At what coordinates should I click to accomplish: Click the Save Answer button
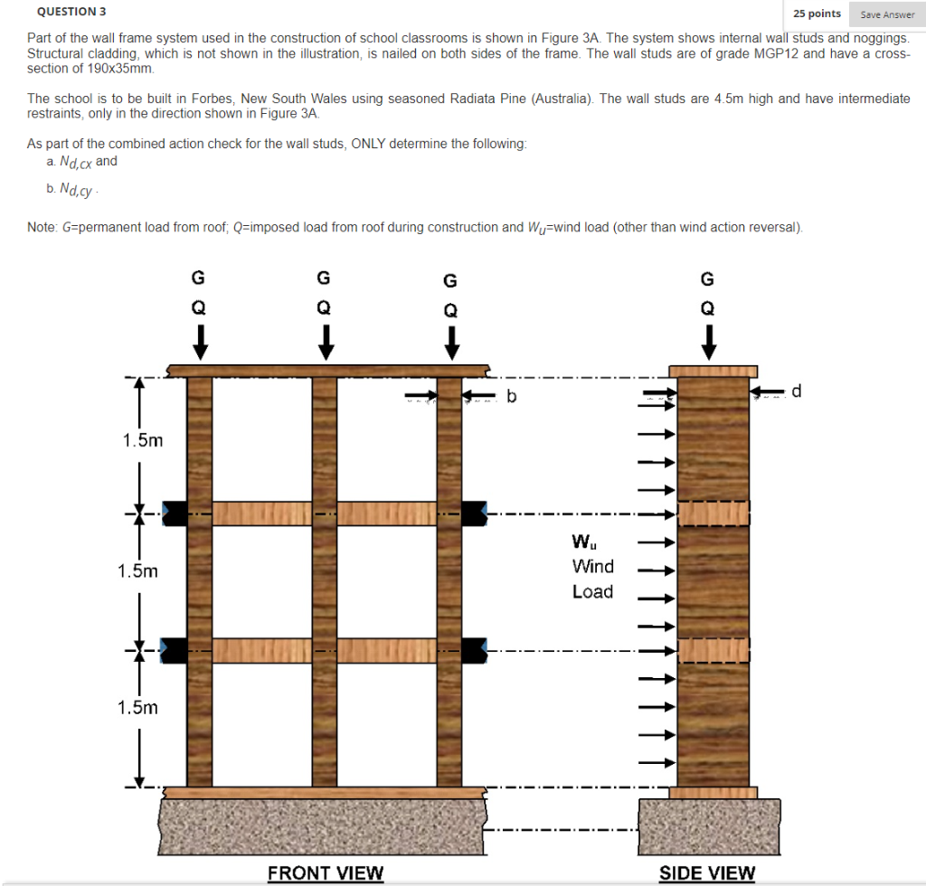click(886, 14)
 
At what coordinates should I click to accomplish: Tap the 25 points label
click(817, 14)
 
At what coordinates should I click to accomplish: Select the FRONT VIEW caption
click(326, 872)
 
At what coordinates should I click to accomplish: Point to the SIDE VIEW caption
click(707, 872)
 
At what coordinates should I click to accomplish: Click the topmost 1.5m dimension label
click(143, 440)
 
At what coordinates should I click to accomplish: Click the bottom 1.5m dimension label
click(137, 707)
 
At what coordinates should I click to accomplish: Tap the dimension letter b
click(512, 395)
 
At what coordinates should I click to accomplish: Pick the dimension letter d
click(796, 391)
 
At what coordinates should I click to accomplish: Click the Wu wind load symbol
click(583, 542)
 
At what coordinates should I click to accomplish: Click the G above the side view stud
click(708, 278)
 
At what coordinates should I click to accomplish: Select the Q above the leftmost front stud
click(199, 307)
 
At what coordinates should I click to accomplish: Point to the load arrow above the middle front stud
click(324, 340)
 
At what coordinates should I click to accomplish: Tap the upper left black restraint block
click(175, 513)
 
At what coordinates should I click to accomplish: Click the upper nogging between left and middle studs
click(261, 513)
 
